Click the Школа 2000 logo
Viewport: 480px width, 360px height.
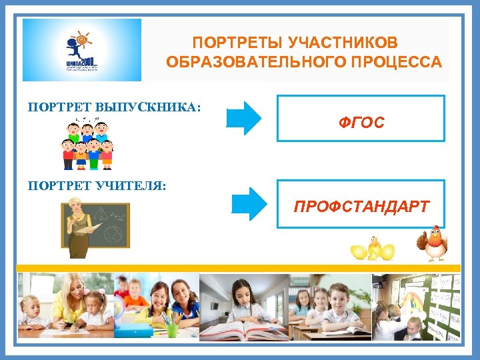click(82, 50)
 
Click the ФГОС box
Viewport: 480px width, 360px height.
click(361, 119)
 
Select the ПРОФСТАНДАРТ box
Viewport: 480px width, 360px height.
click(361, 206)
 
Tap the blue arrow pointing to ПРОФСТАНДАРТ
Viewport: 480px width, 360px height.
click(249, 203)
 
